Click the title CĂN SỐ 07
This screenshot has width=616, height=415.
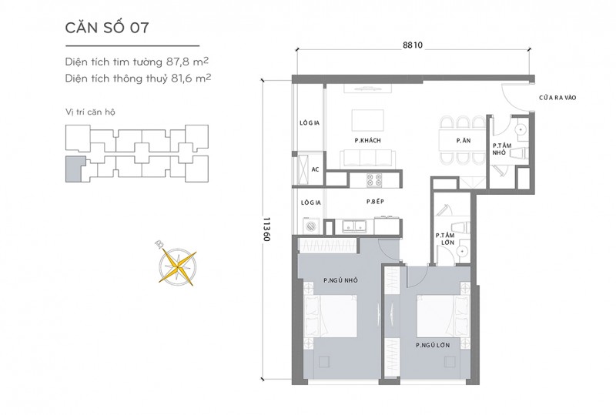point(107,28)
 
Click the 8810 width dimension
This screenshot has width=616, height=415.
point(413,45)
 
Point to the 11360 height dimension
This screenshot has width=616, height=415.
point(266,229)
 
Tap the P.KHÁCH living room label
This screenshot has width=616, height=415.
point(368,140)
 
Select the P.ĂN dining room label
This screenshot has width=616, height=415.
point(464,140)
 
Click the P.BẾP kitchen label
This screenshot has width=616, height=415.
point(375,202)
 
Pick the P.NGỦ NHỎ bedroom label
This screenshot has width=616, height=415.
point(340,280)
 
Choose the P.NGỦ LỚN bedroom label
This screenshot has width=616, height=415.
point(433,345)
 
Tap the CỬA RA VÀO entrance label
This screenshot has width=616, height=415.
point(557,98)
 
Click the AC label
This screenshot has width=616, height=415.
point(315,169)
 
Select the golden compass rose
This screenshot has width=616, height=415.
point(177,266)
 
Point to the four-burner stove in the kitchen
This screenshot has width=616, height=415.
point(374,179)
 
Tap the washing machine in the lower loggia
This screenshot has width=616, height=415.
point(311,226)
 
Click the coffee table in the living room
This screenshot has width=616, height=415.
point(368,120)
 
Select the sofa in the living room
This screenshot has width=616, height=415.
point(368,159)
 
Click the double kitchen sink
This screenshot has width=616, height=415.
point(354,226)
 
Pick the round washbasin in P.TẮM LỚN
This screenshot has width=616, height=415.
point(462,251)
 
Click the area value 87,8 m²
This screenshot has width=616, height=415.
point(187,62)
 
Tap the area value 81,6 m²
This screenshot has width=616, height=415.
point(191,79)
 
